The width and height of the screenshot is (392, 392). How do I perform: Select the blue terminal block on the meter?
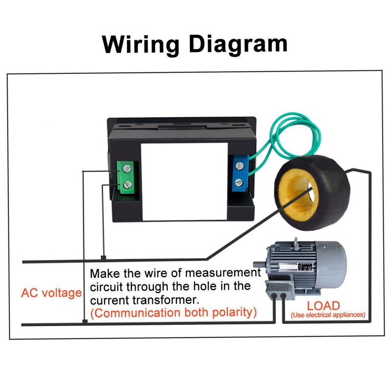coord(240,173)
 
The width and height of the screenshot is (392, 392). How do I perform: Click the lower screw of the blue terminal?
coord(239,182)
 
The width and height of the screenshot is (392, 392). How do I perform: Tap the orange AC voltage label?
coord(51,293)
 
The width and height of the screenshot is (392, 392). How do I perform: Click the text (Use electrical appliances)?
coord(328,315)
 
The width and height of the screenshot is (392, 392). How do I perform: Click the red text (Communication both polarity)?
coord(173,313)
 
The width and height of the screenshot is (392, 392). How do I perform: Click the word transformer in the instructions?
coord(165,299)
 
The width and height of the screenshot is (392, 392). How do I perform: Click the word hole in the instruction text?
coord(206,286)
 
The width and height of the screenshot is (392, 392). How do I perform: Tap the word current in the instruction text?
coord(109,299)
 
